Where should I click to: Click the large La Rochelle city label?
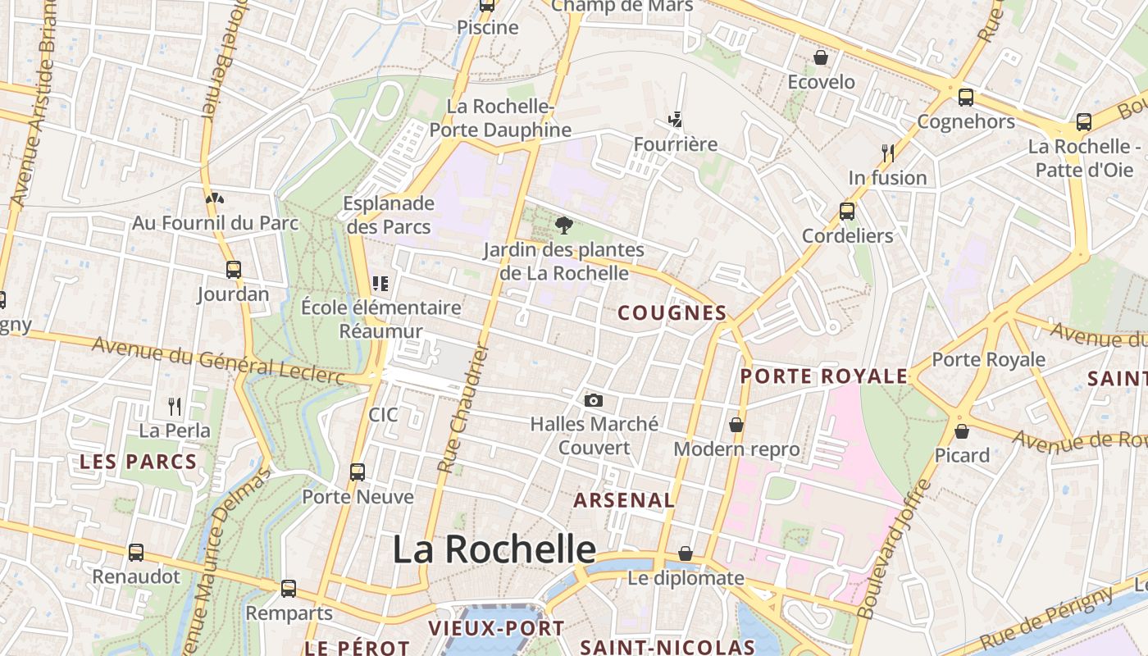point(494,549)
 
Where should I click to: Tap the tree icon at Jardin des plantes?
point(563,225)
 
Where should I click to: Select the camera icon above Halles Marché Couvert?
point(594,400)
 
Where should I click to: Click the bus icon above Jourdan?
point(234,269)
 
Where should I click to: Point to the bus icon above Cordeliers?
point(847,212)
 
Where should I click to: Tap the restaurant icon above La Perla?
point(175,406)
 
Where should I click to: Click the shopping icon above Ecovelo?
point(820,57)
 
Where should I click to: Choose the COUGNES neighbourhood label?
point(672,312)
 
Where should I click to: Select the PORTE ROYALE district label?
point(824,376)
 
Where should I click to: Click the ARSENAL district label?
point(624,499)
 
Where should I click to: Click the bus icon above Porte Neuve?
point(358,472)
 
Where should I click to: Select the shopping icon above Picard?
point(962,430)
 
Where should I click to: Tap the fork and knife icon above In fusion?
point(887,153)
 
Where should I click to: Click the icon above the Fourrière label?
point(676,120)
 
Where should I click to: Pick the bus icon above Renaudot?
point(136,553)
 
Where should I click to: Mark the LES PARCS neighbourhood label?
point(138,462)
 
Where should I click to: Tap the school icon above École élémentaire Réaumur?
point(380,284)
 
